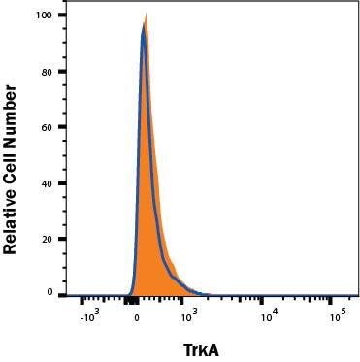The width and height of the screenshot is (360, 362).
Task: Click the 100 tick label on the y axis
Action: click(45, 16)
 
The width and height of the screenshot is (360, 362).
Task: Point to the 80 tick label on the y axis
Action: click(48, 72)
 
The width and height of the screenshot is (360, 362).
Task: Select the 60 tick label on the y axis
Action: click(48, 127)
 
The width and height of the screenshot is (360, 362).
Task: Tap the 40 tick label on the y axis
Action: click(48, 182)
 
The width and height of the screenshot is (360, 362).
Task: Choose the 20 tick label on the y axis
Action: click(48, 238)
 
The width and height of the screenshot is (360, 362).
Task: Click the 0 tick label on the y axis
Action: click(50, 292)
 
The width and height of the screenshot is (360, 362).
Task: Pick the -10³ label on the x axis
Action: click(87, 313)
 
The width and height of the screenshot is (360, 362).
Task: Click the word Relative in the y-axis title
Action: click(12, 215)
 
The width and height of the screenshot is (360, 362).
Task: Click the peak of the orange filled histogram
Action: click(146, 15)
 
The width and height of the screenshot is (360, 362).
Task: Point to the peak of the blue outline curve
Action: click(143, 27)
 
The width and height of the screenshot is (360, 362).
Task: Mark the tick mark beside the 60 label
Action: click(62, 127)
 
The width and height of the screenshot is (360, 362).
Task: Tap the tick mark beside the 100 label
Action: click(62, 16)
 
